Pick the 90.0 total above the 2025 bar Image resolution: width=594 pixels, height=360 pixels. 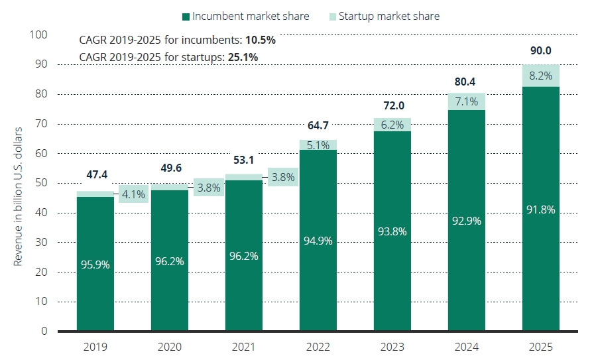point(540,50)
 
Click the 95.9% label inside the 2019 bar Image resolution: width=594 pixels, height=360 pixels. point(95,265)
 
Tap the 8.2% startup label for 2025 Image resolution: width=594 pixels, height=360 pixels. point(540,75)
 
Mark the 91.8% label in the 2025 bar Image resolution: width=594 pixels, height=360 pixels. point(540,210)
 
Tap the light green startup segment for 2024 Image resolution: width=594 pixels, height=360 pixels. point(466,101)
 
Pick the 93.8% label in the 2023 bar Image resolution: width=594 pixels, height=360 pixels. point(392,231)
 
